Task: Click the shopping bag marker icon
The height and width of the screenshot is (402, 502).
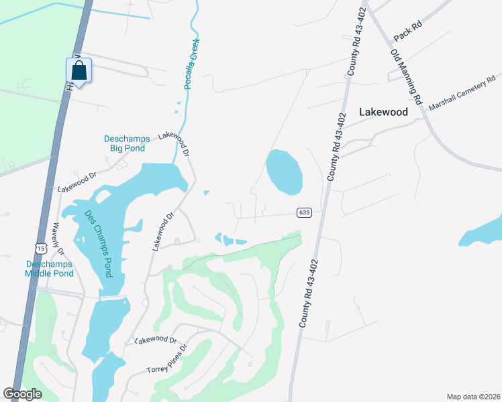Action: pos(79,70)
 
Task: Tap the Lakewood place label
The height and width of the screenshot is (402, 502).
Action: pos(383,113)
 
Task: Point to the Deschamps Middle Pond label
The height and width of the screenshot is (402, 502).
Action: pos(49,269)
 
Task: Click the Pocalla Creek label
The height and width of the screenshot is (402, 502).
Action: pos(193,64)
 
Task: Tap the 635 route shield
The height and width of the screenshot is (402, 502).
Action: pos(304,212)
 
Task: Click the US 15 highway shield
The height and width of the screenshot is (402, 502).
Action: pos(41,249)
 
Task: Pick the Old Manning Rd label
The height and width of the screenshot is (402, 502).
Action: pos(406,75)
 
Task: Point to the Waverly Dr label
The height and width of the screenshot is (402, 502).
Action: pos(58,239)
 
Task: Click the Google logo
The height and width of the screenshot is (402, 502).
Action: pos(22,394)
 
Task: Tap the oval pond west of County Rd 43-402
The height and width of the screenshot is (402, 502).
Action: pos(285,172)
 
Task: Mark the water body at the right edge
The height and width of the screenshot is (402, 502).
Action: pos(484,231)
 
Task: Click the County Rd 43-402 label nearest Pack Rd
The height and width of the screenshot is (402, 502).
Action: pos(356,50)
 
